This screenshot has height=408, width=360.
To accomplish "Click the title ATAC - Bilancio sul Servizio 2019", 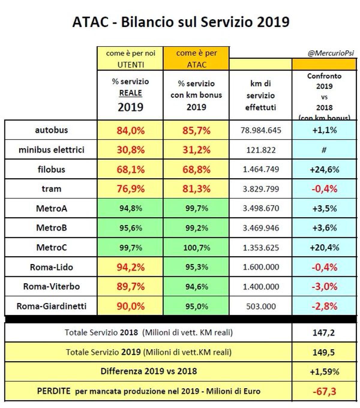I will (181, 22).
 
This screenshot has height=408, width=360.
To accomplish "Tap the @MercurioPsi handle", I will (331, 53).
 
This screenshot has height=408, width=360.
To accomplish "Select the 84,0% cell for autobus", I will (130, 130).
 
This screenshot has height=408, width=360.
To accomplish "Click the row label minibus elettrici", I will (51, 150).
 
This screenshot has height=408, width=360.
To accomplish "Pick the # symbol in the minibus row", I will (324, 150).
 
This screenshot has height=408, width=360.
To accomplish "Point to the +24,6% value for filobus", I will (324, 169).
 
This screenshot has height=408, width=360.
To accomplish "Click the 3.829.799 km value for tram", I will (261, 189).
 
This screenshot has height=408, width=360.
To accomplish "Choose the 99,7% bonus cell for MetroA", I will (196, 208).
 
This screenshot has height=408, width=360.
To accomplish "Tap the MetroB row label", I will (51, 228).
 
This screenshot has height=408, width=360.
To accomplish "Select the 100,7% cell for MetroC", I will (196, 247).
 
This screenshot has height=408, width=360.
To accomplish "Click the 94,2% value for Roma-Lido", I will (130, 267).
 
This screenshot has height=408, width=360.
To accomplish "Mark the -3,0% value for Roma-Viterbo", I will (324, 286).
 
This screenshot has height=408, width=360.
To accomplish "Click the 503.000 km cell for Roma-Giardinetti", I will (261, 306).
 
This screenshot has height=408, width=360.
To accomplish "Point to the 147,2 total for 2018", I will (324, 332).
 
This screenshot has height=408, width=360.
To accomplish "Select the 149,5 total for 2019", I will (324, 352).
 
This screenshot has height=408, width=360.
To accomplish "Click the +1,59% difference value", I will (324, 372).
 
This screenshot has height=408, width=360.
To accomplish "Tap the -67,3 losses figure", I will (324, 391).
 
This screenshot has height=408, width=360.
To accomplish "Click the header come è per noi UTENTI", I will (130, 59).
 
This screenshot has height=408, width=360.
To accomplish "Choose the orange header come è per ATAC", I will (196, 59).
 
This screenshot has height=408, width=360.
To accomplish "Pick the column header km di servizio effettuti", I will (260, 95).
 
